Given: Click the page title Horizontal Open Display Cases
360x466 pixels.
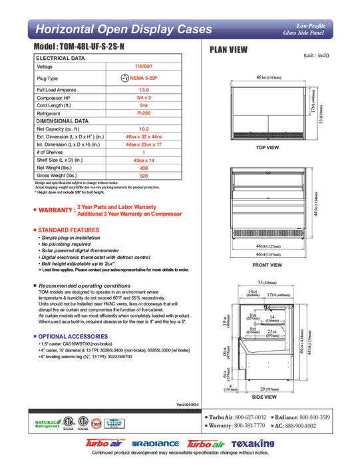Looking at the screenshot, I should [x=124, y=29].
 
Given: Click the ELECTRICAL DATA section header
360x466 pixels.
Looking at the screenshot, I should [x=61, y=59].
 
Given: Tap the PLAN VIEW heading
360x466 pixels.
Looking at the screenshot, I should [x=230, y=49].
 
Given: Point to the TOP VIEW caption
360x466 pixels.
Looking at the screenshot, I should [x=268, y=147].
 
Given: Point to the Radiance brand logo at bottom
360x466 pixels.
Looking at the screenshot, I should [x=156, y=444].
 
